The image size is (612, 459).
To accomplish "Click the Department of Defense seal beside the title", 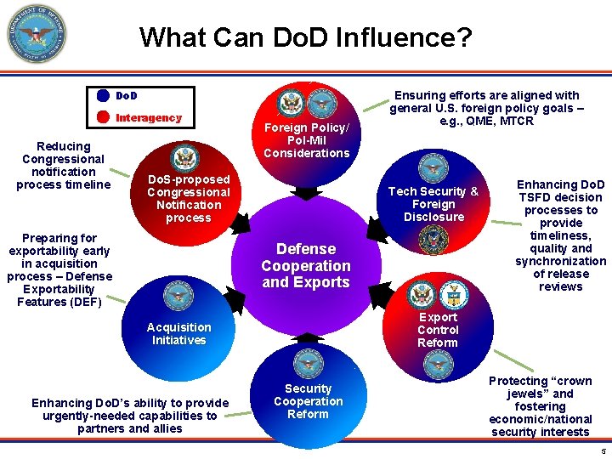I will (x=35, y=34).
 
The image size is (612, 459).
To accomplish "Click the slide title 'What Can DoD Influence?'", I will (x=305, y=37).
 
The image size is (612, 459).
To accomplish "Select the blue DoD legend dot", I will (x=102, y=96).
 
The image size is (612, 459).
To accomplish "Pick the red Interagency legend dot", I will (x=102, y=117).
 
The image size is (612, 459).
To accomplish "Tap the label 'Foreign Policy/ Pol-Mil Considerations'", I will (x=306, y=140).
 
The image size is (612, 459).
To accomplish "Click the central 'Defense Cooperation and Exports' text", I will (x=306, y=265).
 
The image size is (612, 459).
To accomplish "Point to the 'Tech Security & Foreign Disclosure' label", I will (x=433, y=204).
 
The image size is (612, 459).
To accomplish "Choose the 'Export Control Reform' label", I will (x=438, y=330).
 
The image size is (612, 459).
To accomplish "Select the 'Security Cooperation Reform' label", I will (x=308, y=401).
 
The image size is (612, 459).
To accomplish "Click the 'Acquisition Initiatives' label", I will (x=178, y=333).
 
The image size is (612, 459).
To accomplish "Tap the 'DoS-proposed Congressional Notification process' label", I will (x=189, y=198).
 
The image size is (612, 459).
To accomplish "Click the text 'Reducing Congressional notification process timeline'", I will (x=64, y=166).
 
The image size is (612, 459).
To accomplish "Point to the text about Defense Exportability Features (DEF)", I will (x=59, y=270).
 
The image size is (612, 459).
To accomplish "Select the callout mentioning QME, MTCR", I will (x=485, y=108).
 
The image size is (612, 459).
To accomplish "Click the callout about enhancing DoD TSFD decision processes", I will (x=561, y=234).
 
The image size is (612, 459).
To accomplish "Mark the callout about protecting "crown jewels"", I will (x=541, y=406).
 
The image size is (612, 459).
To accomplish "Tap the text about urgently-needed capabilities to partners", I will (x=130, y=416).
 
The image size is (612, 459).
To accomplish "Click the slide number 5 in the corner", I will (x=602, y=450).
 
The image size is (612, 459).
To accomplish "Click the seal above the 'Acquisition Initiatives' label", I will (x=178, y=297).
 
